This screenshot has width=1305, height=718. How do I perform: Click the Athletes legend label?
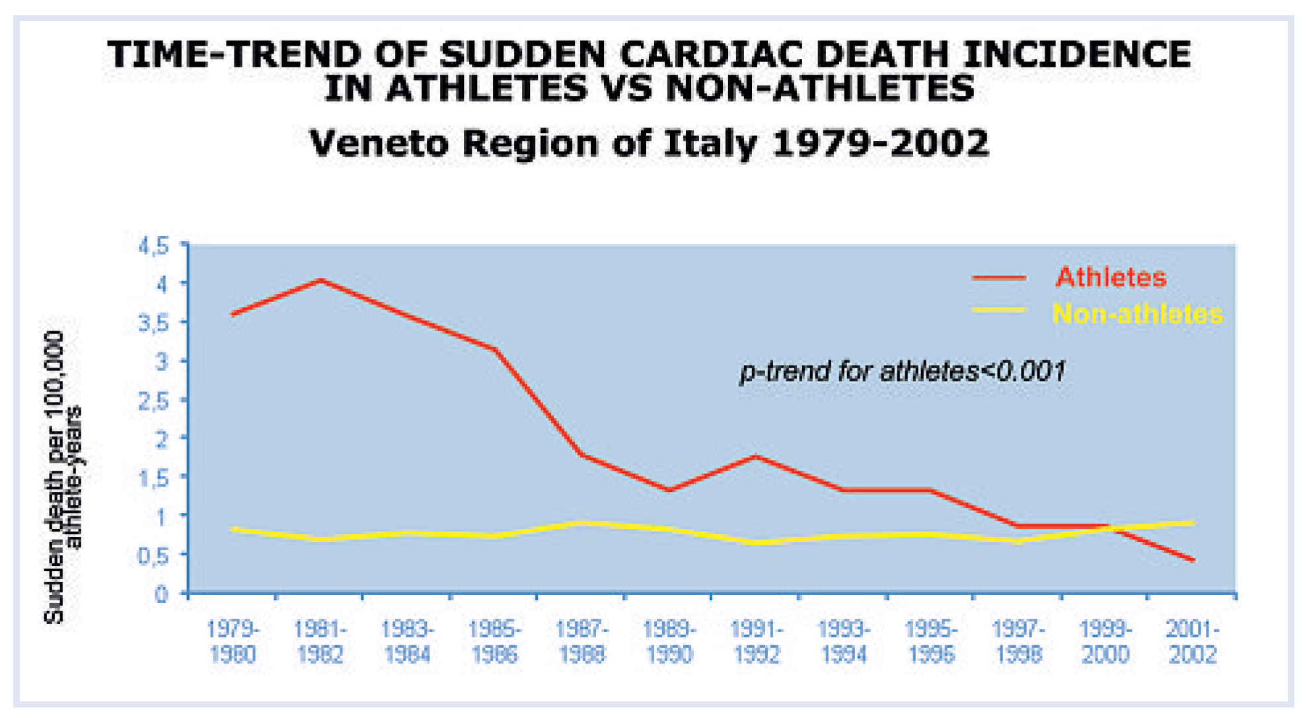1111,278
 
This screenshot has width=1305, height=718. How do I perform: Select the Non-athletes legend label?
1137,313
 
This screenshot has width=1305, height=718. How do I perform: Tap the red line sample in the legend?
999,278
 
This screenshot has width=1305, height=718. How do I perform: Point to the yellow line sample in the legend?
999,309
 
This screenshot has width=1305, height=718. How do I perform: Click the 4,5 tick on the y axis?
154,247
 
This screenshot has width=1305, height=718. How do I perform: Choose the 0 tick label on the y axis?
162,594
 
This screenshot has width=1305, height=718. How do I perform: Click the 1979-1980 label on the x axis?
233,641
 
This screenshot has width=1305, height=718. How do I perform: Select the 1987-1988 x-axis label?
581,641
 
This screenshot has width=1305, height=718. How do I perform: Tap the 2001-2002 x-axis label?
1192,641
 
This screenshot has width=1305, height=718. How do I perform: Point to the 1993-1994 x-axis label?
844,641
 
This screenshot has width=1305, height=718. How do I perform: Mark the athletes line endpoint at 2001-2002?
1193,561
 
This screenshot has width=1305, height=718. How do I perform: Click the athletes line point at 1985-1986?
495,348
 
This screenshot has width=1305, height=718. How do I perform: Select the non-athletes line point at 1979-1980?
233,529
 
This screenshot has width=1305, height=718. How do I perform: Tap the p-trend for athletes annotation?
903,372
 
